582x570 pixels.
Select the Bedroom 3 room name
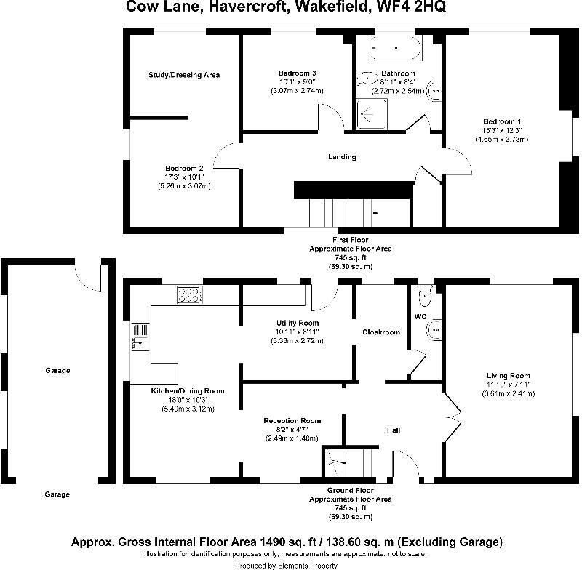(x=297, y=73)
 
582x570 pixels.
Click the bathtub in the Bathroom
(x=396, y=49)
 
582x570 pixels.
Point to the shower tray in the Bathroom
(x=372, y=113)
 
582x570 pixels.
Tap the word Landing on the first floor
(x=342, y=156)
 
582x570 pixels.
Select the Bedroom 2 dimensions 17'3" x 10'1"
(x=184, y=177)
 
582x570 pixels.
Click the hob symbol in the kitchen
(x=189, y=294)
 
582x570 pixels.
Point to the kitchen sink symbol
(x=140, y=340)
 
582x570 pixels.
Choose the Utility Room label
(x=298, y=323)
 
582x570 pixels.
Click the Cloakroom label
(x=381, y=332)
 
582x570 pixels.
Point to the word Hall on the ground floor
(x=393, y=430)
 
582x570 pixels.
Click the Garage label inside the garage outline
(x=57, y=371)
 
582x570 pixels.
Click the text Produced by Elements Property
(x=287, y=565)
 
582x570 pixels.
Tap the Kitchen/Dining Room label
(x=188, y=391)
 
